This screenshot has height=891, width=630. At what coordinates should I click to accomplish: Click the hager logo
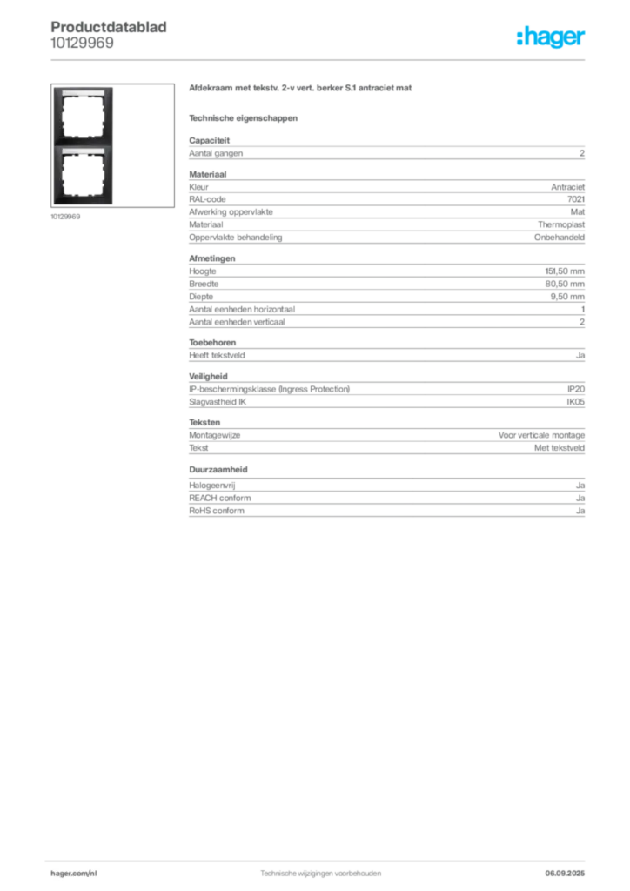click(551, 37)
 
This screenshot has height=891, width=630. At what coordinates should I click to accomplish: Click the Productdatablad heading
click(109, 27)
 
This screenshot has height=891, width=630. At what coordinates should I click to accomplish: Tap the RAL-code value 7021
click(575, 199)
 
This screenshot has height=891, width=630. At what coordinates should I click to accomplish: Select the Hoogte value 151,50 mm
click(565, 271)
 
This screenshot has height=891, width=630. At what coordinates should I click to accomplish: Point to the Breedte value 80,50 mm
click(565, 284)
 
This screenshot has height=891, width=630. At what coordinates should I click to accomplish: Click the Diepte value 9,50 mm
click(567, 296)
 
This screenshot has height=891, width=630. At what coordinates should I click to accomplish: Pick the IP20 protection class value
click(575, 389)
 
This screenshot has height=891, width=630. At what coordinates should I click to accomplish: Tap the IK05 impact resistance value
click(575, 402)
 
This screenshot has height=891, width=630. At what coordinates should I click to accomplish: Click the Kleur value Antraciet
click(567, 186)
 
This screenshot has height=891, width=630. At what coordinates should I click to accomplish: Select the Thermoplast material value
click(561, 224)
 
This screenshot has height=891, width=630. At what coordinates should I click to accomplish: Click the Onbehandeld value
click(559, 237)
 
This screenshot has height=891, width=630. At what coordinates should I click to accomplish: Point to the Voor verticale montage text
click(541, 435)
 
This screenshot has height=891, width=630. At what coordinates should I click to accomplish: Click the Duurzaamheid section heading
click(218, 469)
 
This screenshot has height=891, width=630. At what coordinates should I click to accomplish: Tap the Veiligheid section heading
click(208, 376)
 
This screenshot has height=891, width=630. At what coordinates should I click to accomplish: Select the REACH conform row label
click(220, 498)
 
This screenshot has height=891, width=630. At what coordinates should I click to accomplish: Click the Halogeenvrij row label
click(212, 486)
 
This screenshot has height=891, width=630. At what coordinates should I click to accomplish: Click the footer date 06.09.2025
click(565, 873)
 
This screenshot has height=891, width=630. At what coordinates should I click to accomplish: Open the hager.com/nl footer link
click(74, 874)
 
